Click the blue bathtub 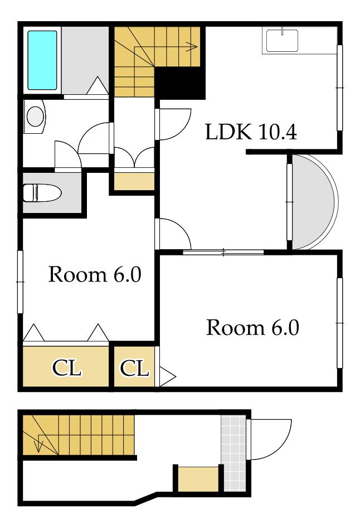click(x=42, y=60)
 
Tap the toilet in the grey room click(x=42, y=193)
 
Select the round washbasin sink click(x=35, y=117)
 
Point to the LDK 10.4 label click(x=251, y=132)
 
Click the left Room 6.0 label click(x=95, y=274)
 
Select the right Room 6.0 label click(x=252, y=327)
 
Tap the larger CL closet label click(x=66, y=368)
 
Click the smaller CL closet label click(x=134, y=368)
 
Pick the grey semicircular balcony click(x=313, y=202)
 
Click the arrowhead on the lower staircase click(x=38, y=447)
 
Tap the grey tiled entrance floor click(x=233, y=453)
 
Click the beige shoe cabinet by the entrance click(x=198, y=479)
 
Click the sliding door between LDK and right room click(x=223, y=252)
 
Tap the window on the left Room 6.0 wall click(x=20, y=282)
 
